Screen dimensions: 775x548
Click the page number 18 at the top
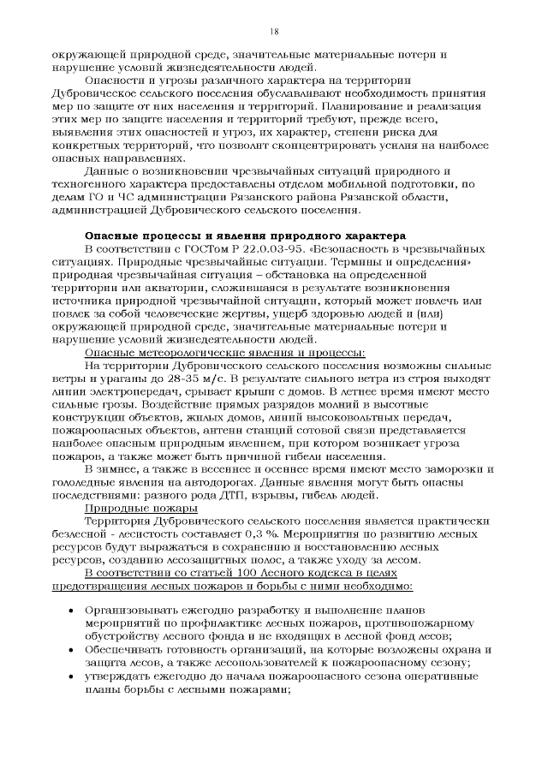(274, 31)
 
